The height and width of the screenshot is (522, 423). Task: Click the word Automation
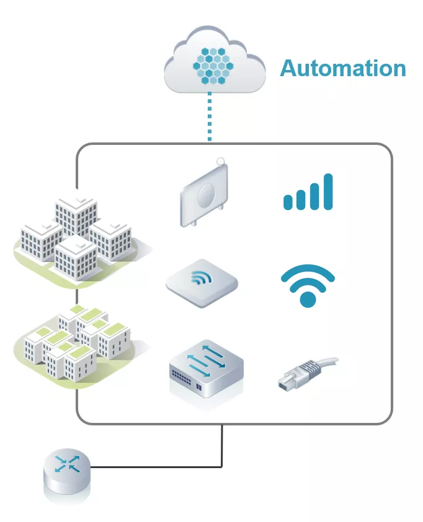pos(343,67)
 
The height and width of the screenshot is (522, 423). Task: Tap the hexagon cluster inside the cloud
pos(211,64)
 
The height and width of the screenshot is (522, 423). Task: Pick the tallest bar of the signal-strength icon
pos(327,191)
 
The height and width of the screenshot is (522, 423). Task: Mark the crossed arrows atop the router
pos(66,464)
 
